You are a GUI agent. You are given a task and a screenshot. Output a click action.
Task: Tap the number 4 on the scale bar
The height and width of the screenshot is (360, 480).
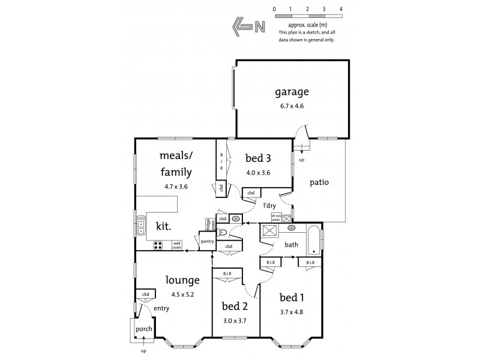click(x=341, y=10)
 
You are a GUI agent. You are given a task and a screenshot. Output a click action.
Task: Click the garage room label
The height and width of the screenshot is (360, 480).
click(x=292, y=92)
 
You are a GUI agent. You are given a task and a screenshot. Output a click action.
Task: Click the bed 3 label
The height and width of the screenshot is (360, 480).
click(x=258, y=158)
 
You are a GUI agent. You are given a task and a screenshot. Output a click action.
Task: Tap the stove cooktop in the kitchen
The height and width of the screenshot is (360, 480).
click(x=158, y=245)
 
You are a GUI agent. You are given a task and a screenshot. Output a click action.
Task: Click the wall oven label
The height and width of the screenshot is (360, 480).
click(x=176, y=245)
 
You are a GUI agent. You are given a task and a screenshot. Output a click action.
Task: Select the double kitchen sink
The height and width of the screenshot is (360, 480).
click(x=141, y=224)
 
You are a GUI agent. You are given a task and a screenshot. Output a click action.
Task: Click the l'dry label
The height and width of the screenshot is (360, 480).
click(x=269, y=205)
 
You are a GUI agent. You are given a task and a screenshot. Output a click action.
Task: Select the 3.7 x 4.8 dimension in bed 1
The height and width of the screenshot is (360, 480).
click(x=292, y=312)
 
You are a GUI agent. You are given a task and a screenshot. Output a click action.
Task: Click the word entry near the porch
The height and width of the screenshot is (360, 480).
click(x=161, y=308)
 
